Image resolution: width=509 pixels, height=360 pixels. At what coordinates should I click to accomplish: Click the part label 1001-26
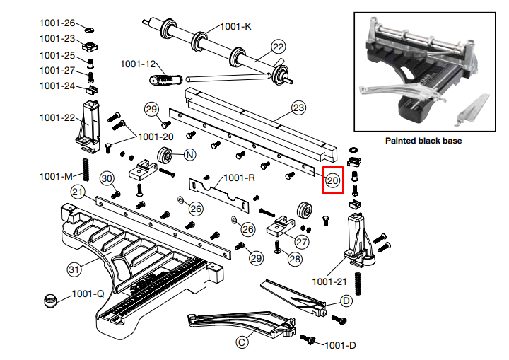57,23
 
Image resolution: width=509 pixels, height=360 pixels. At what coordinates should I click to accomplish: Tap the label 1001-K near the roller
235,27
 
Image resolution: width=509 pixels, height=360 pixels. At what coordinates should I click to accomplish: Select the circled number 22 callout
278,47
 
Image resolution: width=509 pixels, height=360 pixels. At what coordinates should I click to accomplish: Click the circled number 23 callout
298,108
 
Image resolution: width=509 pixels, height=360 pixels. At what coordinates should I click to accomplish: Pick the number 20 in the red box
332,180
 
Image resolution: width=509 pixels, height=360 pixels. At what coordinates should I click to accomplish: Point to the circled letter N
190,154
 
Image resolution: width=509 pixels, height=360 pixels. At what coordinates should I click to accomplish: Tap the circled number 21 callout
78,192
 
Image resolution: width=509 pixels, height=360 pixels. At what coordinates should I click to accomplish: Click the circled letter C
242,342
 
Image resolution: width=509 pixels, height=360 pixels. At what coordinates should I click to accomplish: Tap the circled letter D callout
346,301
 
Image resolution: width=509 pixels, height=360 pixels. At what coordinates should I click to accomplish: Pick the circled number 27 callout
303,241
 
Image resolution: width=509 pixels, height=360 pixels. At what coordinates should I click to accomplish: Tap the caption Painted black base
423,141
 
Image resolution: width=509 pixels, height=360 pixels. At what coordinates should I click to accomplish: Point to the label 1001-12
137,64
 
